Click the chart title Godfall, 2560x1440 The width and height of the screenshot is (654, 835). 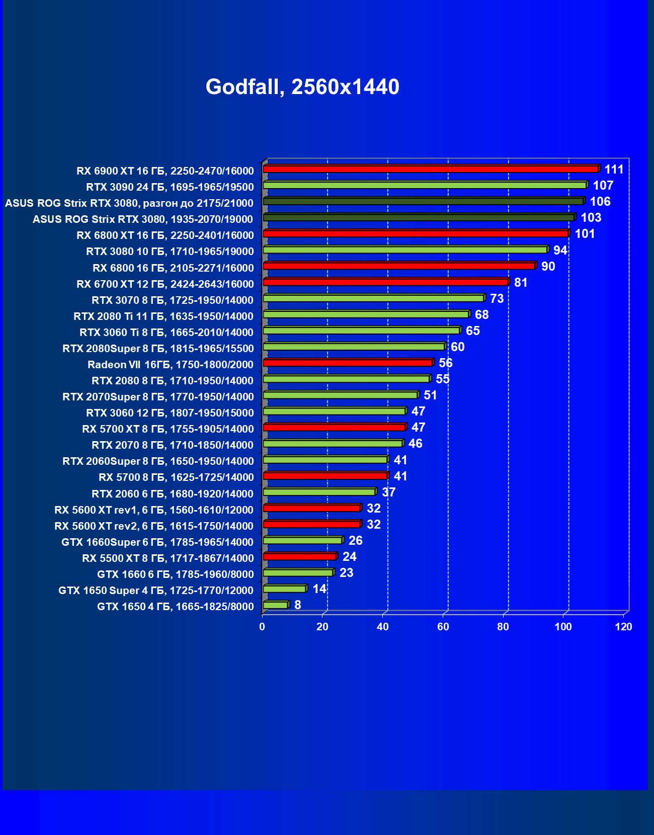pyautogui.click(x=302, y=87)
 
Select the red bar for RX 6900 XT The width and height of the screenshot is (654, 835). pyautogui.click(x=431, y=169)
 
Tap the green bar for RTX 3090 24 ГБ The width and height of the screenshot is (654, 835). pyautogui.click(x=425, y=185)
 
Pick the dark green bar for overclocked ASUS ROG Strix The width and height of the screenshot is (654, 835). pyautogui.click(x=423, y=201)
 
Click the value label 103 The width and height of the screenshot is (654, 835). pyautogui.click(x=591, y=218)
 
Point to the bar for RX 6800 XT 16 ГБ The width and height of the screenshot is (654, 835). pyautogui.click(x=416, y=234)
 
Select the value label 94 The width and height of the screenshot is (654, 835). pyautogui.click(x=560, y=250)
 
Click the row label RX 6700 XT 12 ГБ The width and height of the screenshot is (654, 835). pyautogui.click(x=165, y=284)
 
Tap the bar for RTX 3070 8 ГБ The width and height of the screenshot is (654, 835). pyautogui.click(x=373, y=298)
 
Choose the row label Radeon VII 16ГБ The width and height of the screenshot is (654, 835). pyautogui.click(x=171, y=365)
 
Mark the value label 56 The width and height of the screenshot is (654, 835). pyautogui.click(x=445, y=363)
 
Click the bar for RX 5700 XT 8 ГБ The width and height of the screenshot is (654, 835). pyautogui.click(x=334, y=428)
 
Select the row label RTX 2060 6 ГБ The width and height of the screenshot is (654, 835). pyautogui.click(x=173, y=494)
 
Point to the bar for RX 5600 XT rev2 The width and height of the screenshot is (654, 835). pyautogui.click(x=311, y=524)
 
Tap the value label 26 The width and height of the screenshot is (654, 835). pyautogui.click(x=355, y=541)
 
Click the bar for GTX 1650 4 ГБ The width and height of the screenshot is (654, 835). pyautogui.click(x=275, y=605)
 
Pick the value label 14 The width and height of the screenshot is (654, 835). pyautogui.click(x=319, y=589)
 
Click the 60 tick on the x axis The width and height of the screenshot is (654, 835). pyautogui.click(x=443, y=627)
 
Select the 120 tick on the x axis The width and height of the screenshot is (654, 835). pyautogui.click(x=624, y=627)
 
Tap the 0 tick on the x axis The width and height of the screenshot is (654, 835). pyautogui.click(x=262, y=627)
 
